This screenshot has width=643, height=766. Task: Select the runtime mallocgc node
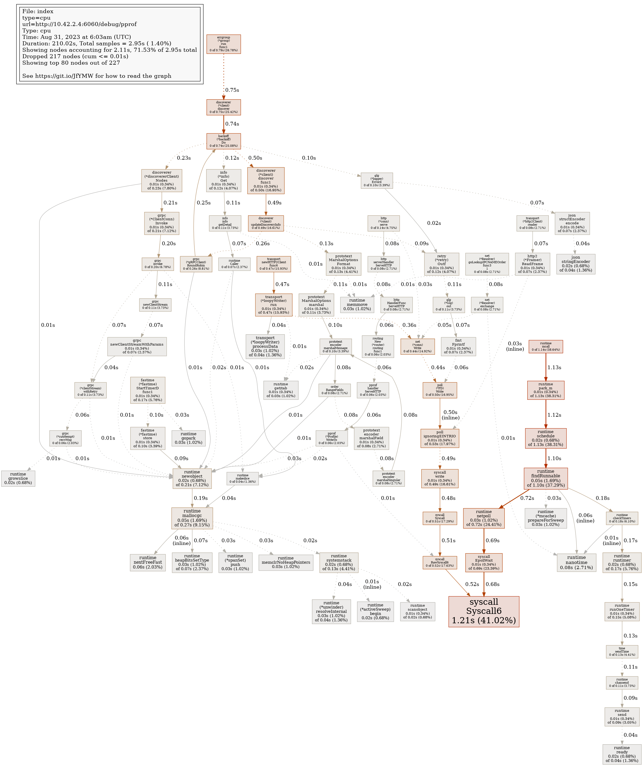point(192,518)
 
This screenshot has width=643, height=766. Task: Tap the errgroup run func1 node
point(223,44)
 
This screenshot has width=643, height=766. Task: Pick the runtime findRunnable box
point(546,478)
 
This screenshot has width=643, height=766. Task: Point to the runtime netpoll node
point(484,518)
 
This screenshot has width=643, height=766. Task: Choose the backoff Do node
point(223,141)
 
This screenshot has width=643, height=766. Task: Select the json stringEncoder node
point(576,264)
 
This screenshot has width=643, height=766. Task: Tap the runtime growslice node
point(18,478)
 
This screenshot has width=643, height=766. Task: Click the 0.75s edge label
point(232,90)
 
